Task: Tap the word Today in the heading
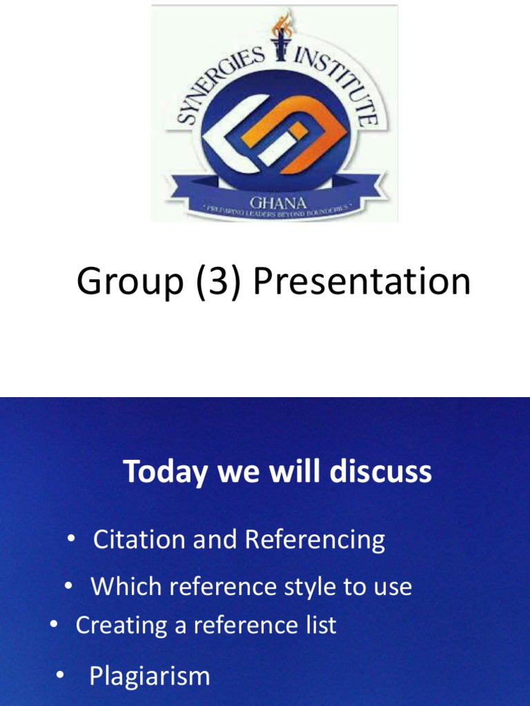[166, 472]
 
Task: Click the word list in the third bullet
[322, 625]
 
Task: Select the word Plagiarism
[149, 676]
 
